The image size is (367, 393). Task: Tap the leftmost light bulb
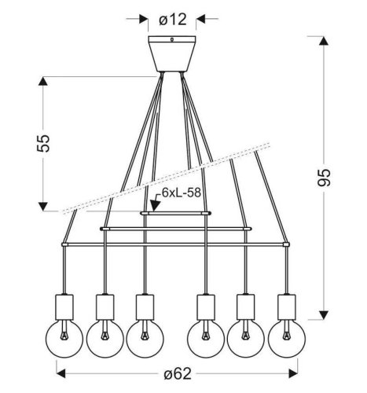64,336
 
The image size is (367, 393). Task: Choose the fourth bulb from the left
205,336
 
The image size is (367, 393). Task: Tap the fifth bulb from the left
244,336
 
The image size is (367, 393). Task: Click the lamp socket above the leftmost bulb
64,304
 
